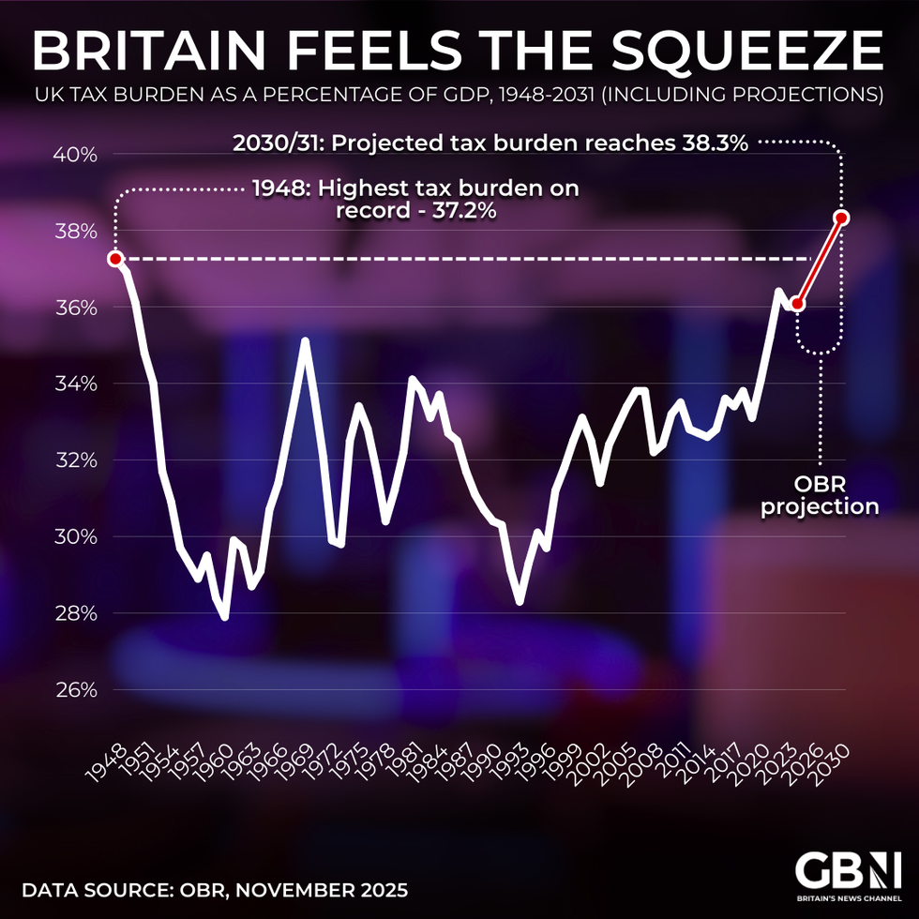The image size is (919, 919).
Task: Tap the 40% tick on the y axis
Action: [78, 155]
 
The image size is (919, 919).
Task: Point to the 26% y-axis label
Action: [78, 690]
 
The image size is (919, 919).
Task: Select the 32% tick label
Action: [78, 460]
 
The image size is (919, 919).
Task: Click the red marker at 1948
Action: [115, 259]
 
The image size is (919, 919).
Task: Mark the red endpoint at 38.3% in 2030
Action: [842, 218]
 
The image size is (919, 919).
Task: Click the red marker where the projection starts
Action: [797, 304]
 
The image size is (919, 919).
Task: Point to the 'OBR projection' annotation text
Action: [820, 496]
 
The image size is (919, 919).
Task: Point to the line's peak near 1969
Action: [305, 340]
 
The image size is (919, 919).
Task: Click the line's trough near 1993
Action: [520, 602]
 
